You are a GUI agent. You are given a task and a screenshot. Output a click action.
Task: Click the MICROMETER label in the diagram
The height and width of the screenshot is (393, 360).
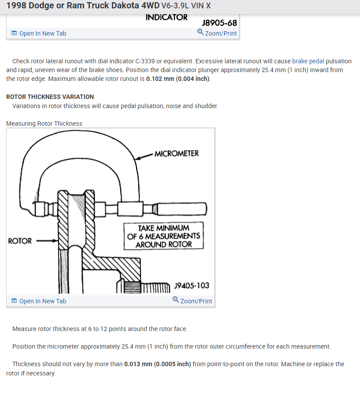pos(176,153)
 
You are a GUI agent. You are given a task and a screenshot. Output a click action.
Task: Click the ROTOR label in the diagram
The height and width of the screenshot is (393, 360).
pos(20,241)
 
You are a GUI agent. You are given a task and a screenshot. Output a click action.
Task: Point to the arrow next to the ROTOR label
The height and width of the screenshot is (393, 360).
pos(46,241)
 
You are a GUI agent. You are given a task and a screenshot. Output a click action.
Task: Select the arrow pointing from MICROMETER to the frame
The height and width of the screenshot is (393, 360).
pos(144,156)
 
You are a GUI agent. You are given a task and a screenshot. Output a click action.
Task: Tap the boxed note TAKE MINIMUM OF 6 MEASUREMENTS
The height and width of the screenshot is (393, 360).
pos(163,236)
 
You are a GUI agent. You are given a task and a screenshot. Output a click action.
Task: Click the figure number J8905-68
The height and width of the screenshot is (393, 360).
pos(219,22)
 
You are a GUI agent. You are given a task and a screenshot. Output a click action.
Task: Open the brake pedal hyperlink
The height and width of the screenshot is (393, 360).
pos(308,61)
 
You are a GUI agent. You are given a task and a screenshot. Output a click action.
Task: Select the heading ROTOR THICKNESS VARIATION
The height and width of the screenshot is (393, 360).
pos(50,97)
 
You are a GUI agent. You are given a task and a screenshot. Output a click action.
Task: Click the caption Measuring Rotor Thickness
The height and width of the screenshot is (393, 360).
pos(44,124)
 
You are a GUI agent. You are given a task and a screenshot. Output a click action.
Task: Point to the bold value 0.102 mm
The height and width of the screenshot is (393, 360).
pos(160,79)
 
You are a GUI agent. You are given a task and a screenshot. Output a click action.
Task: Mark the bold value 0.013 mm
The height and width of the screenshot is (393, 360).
pos(138,364)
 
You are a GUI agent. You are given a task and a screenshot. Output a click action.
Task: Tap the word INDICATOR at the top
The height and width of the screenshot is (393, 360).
pos(166,18)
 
